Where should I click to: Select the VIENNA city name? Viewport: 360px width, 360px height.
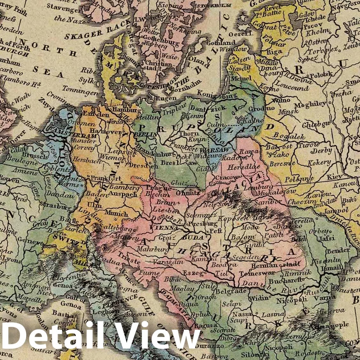(x=164, y=228)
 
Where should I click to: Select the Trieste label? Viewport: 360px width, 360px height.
(x=129, y=261)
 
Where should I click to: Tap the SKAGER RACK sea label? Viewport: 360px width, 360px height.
(x=97, y=31)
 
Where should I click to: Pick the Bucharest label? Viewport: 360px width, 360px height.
(x=282, y=281)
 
